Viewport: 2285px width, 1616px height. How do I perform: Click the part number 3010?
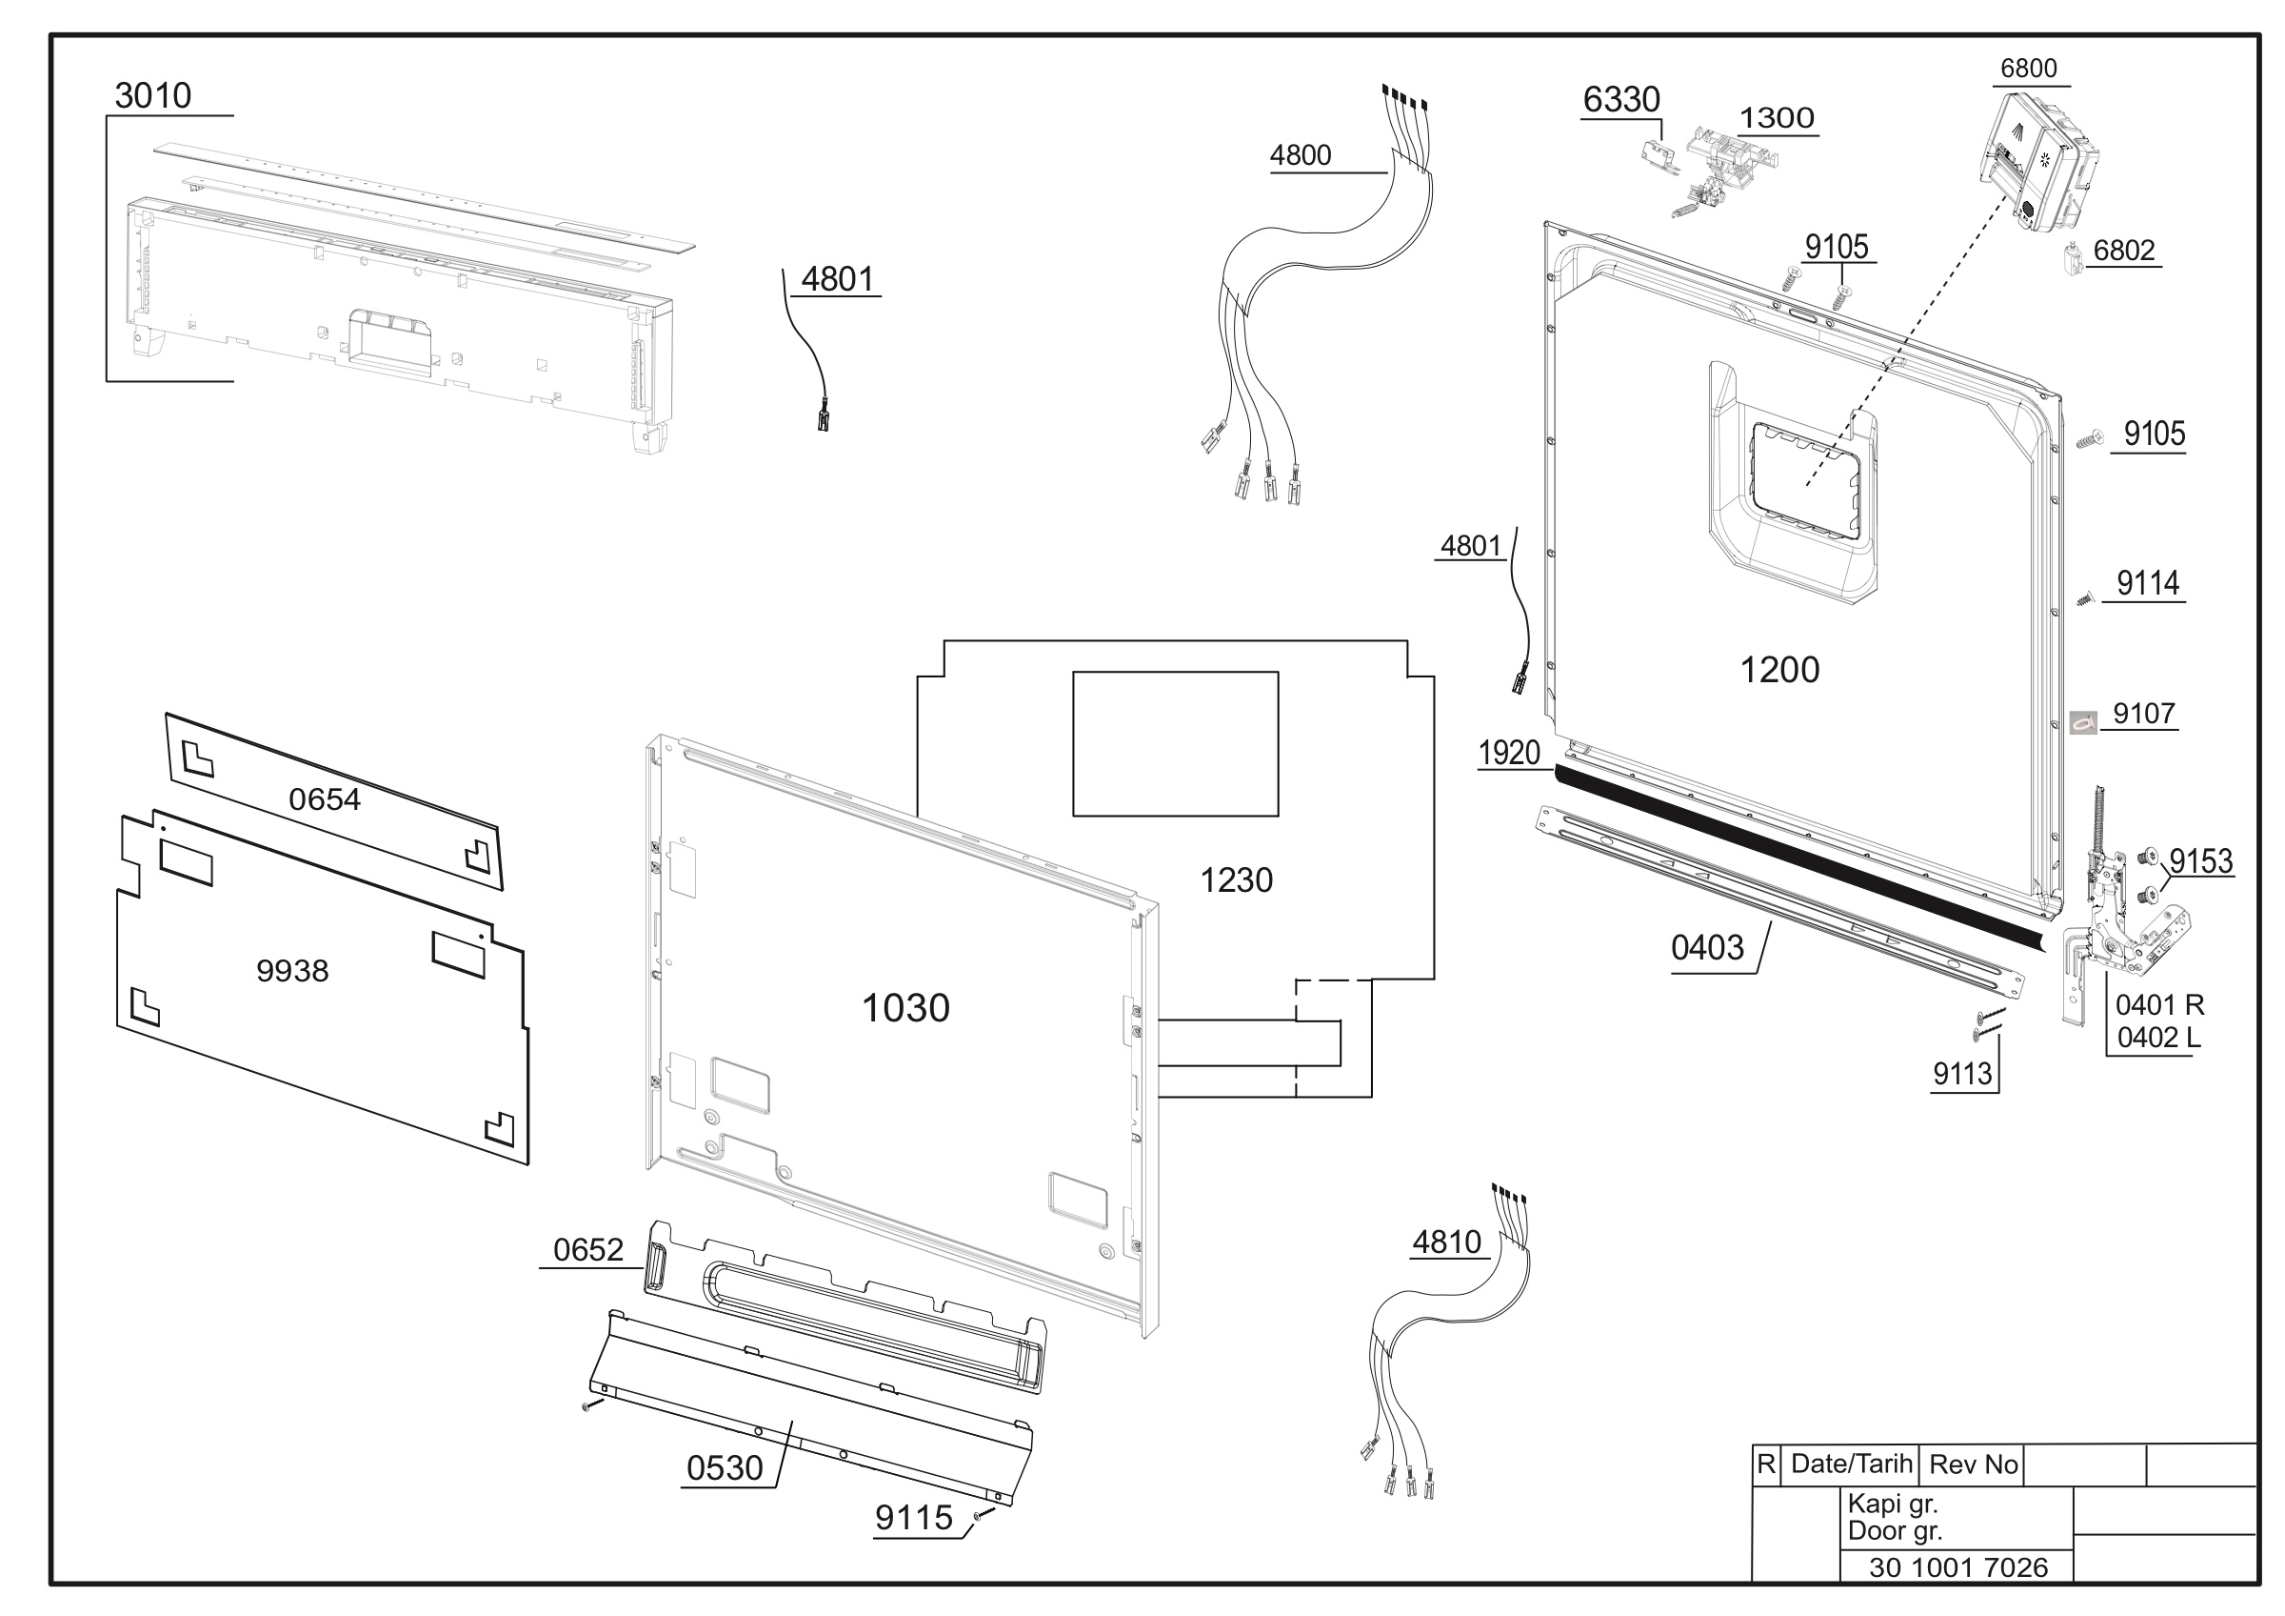(x=152, y=95)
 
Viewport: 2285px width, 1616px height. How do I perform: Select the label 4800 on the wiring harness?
(x=1300, y=155)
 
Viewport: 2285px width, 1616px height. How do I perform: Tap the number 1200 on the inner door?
(x=1779, y=670)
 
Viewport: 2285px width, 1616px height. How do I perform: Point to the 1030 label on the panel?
(x=904, y=1008)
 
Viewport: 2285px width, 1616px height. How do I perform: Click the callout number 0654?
(x=325, y=798)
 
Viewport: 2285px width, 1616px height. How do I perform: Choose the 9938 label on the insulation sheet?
(x=291, y=971)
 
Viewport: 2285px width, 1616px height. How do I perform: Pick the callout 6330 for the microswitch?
(x=1621, y=99)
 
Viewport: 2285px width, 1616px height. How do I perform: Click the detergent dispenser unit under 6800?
(x=2038, y=159)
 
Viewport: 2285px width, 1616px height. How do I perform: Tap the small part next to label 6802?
(x=2073, y=260)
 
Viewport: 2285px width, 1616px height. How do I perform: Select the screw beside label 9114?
(x=2086, y=598)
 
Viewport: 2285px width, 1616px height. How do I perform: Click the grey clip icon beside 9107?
(x=2083, y=723)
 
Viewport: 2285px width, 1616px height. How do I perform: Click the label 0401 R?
(x=2159, y=1004)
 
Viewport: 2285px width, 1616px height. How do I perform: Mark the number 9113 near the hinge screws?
(x=1962, y=1073)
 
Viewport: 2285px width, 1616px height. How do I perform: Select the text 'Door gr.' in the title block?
(x=1895, y=1530)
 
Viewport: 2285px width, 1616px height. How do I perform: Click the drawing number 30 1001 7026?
(x=1958, y=1567)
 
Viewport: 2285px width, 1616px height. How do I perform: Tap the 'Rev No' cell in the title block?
(x=1973, y=1464)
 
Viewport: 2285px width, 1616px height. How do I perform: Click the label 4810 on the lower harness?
(x=1447, y=1242)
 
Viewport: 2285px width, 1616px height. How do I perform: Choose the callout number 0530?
(x=725, y=1468)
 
